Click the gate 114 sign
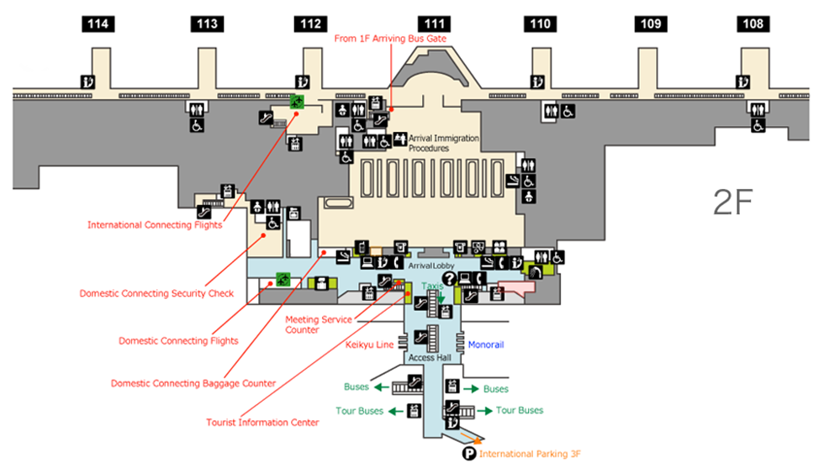(x=98, y=24)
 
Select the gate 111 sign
(x=435, y=24)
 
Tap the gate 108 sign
(x=753, y=24)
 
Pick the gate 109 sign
(x=651, y=24)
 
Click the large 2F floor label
(x=733, y=202)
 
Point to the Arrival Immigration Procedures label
(x=444, y=144)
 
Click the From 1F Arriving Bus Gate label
(x=390, y=39)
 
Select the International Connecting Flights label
(x=155, y=225)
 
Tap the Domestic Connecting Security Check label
(x=156, y=293)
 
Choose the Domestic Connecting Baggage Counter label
(x=193, y=383)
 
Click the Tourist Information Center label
(x=262, y=423)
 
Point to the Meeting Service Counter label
(x=319, y=324)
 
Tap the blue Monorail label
(x=486, y=344)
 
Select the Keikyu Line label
(x=369, y=344)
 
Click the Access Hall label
(x=430, y=358)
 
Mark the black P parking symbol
(x=469, y=453)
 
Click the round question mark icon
(x=449, y=279)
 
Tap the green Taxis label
(x=432, y=286)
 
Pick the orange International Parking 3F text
(x=530, y=454)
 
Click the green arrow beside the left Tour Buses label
(x=395, y=411)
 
